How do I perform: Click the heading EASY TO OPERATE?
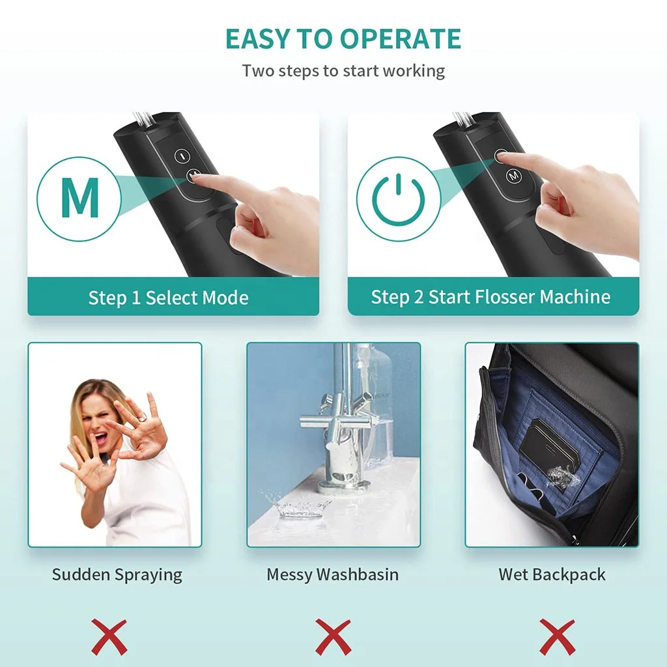coord(343,39)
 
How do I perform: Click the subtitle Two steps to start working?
coord(343,70)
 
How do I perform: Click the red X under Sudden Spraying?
coord(109,636)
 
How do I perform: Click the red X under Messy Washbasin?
coord(333,636)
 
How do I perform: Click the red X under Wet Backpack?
coord(557,636)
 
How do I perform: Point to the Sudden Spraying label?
coord(117,575)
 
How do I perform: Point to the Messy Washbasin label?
coord(333,575)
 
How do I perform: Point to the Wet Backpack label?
coord(552,575)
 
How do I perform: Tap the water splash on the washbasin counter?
coord(297,505)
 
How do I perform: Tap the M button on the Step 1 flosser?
coord(193,175)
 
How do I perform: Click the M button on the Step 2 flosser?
coord(514,175)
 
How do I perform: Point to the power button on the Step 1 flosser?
coord(182,156)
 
